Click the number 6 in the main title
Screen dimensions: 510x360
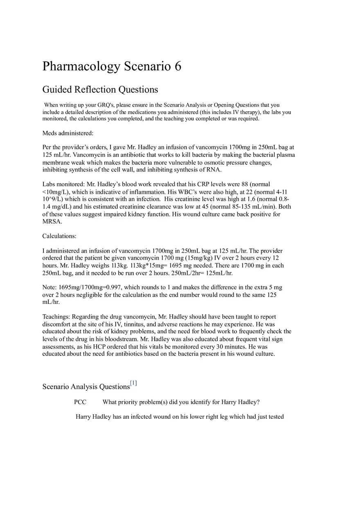178,66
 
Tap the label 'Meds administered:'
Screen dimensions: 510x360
68,133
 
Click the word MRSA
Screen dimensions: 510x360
52,221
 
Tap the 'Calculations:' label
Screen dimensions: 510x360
59,236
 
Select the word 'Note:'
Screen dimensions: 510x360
50,288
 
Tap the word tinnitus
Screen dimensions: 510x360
123,324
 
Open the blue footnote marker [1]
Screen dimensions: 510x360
133,383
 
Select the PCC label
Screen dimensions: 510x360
80,402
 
